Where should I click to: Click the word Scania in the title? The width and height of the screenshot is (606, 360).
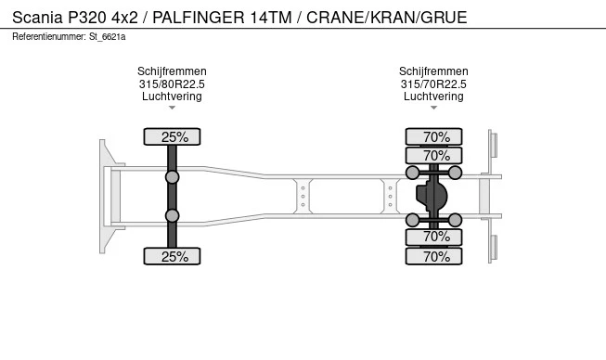pyautogui.click(x=37, y=17)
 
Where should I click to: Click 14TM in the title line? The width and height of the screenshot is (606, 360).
pyautogui.click(x=271, y=17)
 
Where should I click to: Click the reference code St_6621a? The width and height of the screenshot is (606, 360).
pyautogui.click(x=109, y=36)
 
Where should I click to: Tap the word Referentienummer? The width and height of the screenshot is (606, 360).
pyautogui.click(x=49, y=36)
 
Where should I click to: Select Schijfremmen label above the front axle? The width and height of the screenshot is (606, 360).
pyautogui.click(x=172, y=71)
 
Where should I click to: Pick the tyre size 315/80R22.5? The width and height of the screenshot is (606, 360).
pyautogui.click(x=172, y=84)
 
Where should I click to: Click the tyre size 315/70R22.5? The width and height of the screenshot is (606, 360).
pyautogui.click(x=433, y=84)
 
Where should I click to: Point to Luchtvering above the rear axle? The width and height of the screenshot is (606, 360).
pyautogui.click(x=433, y=96)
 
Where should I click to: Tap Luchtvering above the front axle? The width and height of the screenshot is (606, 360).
pyautogui.click(x=172, y=96)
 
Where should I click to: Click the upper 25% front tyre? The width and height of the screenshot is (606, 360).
pyautogui.click(x=174, y=136)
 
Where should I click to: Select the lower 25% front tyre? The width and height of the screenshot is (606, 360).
pyautogui.click(x=174, y=256)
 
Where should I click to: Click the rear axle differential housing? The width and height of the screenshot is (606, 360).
pyautogui.click(x=433, y=196)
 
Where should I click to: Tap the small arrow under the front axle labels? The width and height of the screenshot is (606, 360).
pyautogui.click(x=172, y=108)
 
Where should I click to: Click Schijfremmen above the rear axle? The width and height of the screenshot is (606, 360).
pyautogui.click(x=433, y=71)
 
